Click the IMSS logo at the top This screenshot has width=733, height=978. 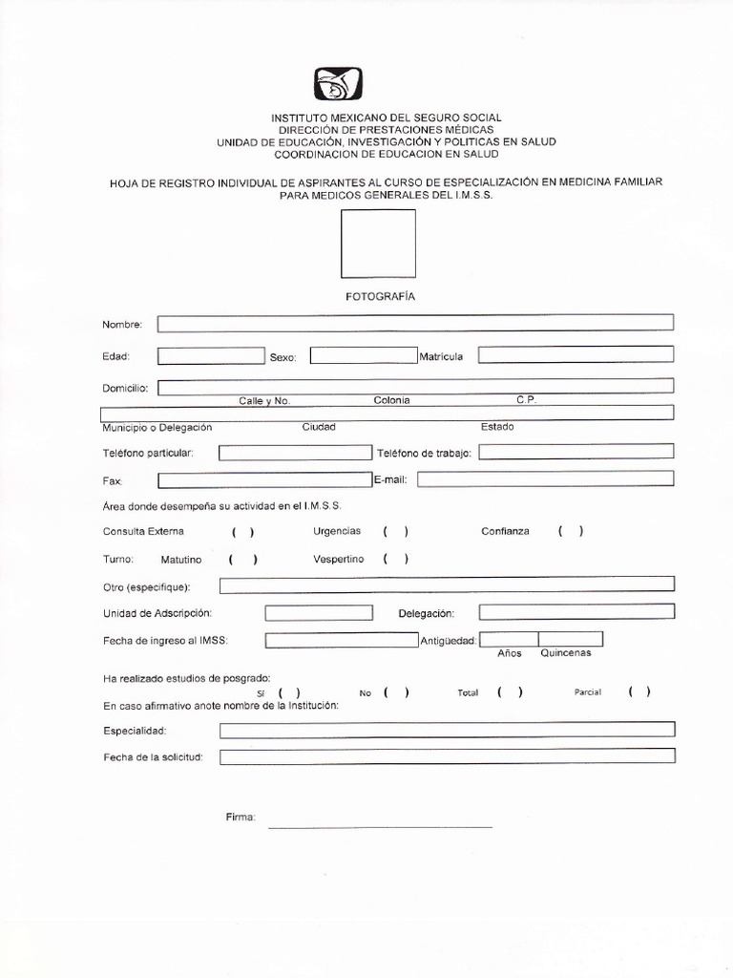[x=338, y=86]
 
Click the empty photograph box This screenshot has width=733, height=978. [x=378, y=244]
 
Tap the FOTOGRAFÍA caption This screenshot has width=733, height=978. [x=380, y=297]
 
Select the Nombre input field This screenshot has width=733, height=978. [x=415, y=323]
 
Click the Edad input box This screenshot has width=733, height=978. [x=210, y=356]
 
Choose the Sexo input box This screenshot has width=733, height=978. [x=363, y=356]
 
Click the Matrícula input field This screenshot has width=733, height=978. [x=576, y=355]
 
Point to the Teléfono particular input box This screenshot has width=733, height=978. [x=294, y=453]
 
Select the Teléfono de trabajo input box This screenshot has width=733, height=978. [x=576, y=452]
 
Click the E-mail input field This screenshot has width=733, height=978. [x=545, y=479]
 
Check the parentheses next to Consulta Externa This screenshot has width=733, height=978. [x=241, y=532]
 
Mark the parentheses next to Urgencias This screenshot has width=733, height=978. [x=396, y=532]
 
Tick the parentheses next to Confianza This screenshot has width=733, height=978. [x=571, y=532]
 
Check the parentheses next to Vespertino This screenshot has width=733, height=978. [x=396, y=560]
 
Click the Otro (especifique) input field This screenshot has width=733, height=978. [x=447, y=585]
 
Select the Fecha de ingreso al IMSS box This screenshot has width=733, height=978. [x=341, y=641]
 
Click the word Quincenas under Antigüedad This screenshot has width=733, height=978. [x=566, y=653]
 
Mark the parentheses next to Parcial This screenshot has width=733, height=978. [x=639, y=692]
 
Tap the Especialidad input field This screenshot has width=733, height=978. [x=447, y=731]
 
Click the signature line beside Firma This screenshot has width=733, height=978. [x=380, y=825]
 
